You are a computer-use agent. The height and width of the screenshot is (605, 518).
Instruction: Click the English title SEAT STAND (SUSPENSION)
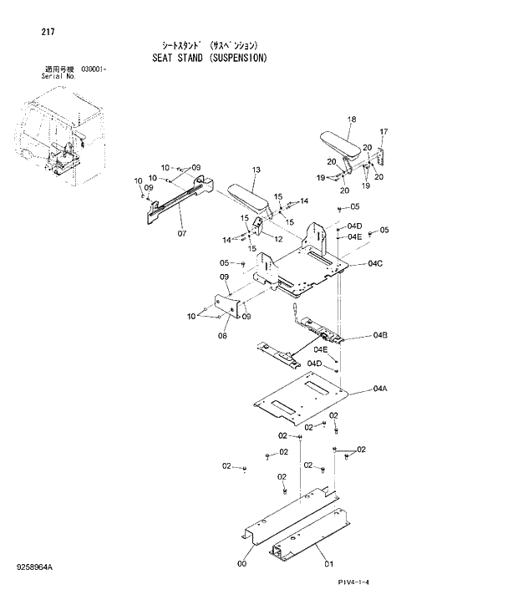click(x=210, y=58)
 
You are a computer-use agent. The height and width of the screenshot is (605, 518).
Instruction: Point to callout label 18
click(x=352, y=119)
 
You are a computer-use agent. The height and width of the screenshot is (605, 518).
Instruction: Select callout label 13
click(x=256, y=170)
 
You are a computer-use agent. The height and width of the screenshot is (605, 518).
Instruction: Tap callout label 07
click(x=181, y=233)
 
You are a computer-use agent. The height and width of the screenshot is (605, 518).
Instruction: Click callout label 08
click(x=223, y=336)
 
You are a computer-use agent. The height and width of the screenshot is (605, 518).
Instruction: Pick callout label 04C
click(x=375, y=263)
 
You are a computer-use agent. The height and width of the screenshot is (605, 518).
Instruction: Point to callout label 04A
click(x=380, y=389)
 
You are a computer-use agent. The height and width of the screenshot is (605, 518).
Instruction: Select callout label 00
click(x=242, y=563)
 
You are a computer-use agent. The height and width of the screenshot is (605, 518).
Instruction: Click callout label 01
click(x=328, y=563)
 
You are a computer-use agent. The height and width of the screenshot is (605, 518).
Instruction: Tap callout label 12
click(x=278, y=238)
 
